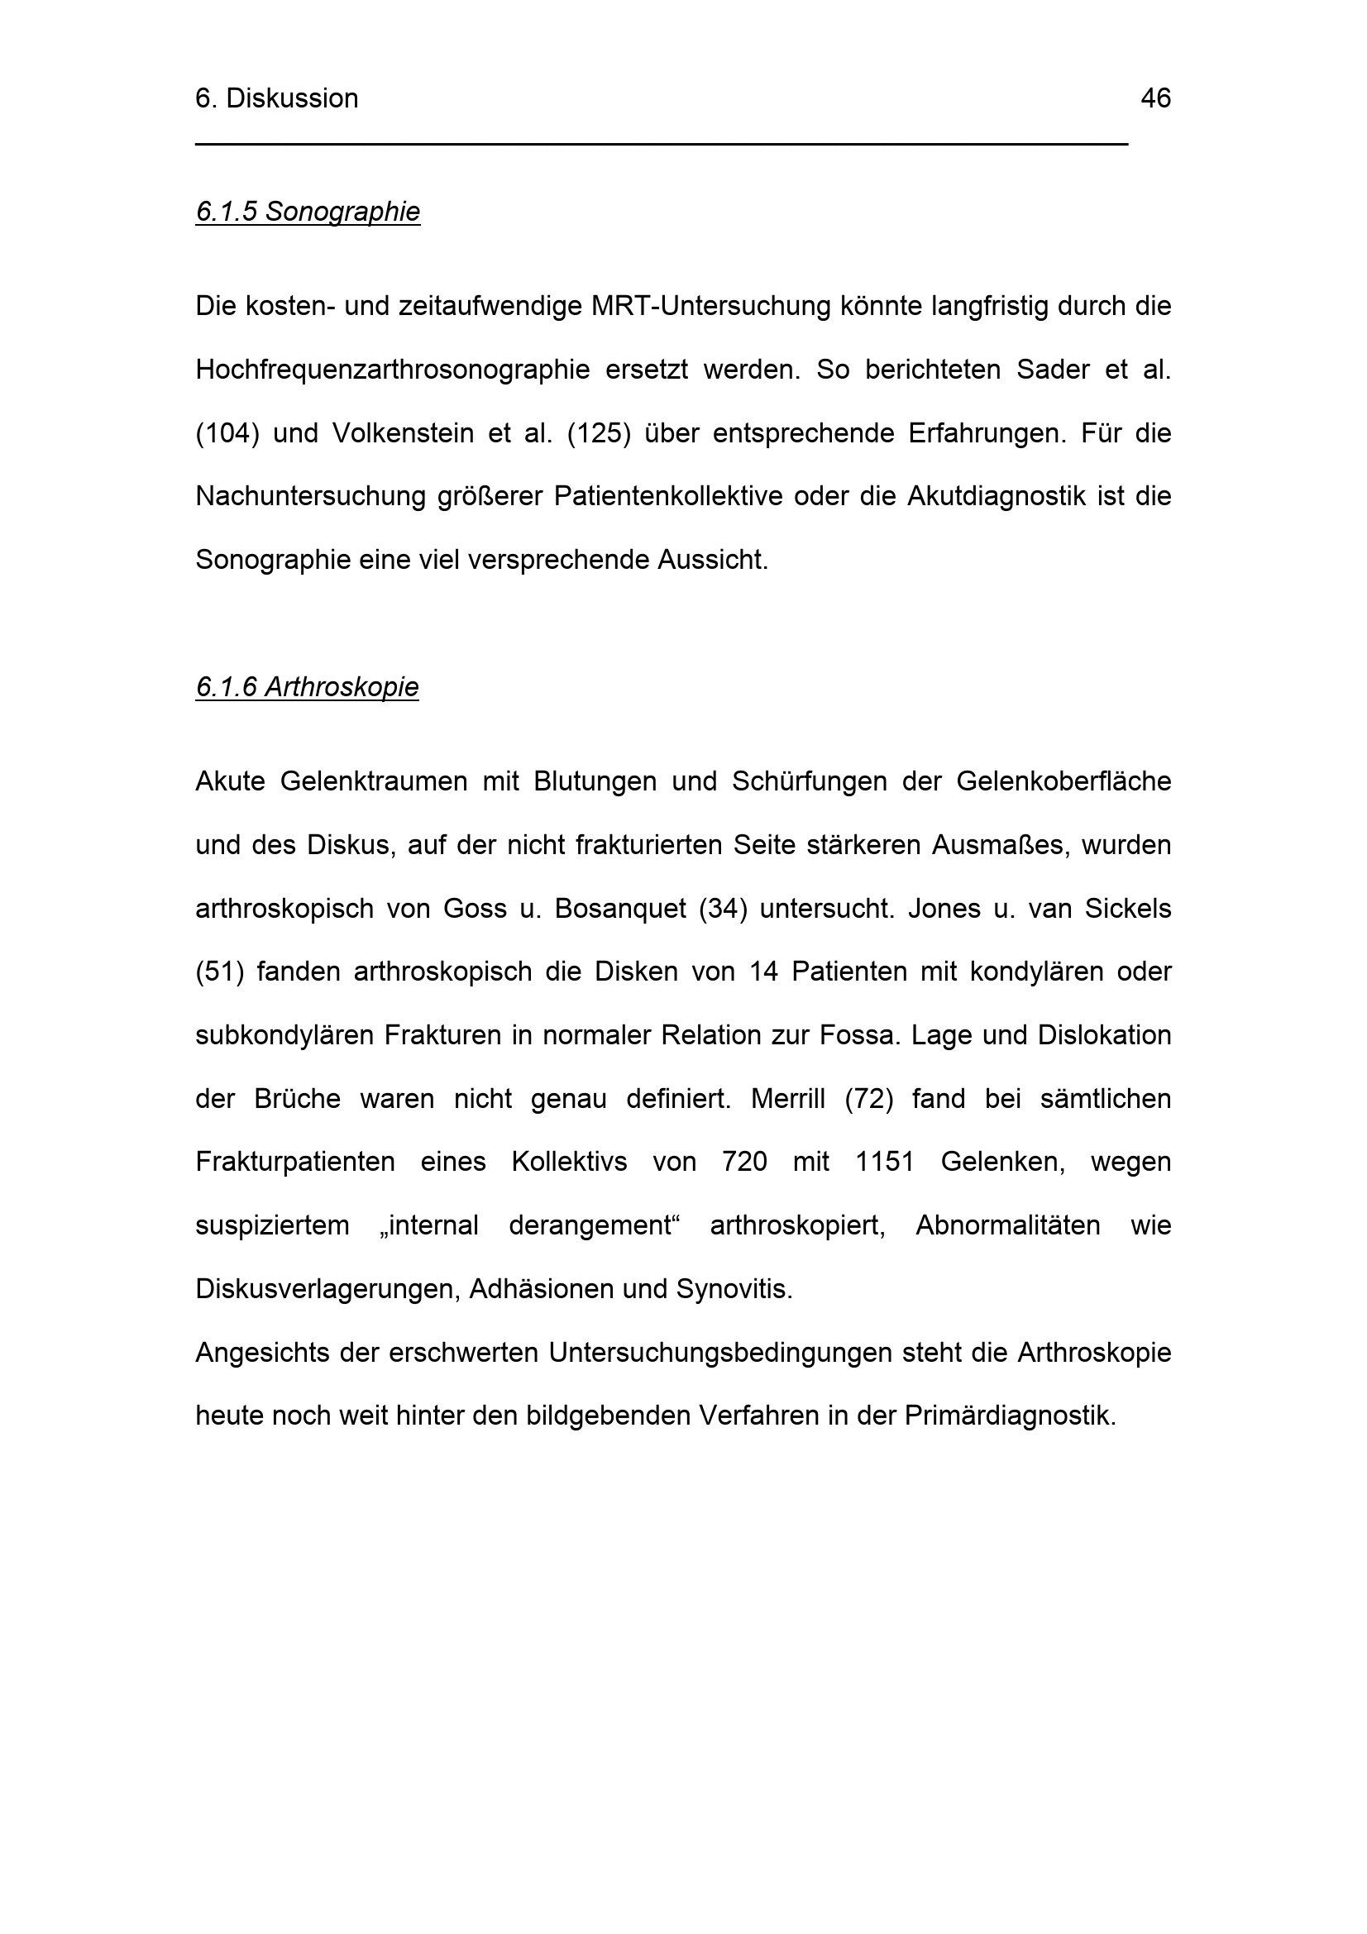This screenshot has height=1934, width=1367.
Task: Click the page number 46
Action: tap(1154, 98)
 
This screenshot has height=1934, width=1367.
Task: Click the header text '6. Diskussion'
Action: tap(276, 98)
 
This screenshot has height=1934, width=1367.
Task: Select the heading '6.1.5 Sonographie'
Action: tap(308, 212)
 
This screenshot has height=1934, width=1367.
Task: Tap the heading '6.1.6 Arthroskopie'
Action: tap(307, 687)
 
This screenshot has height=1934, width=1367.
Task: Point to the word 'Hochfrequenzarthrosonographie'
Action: tap(393, 370)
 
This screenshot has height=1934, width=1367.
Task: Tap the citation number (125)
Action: tap(599, 433)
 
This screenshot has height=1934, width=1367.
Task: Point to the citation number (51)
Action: tap(219, 972)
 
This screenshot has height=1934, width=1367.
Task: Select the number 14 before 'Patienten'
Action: tap(763, 972)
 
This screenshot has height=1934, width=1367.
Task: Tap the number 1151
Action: tap(884, 1163)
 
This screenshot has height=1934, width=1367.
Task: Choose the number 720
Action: tap(744, 1163)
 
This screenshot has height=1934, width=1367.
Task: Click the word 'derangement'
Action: tap(595, 1225)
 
